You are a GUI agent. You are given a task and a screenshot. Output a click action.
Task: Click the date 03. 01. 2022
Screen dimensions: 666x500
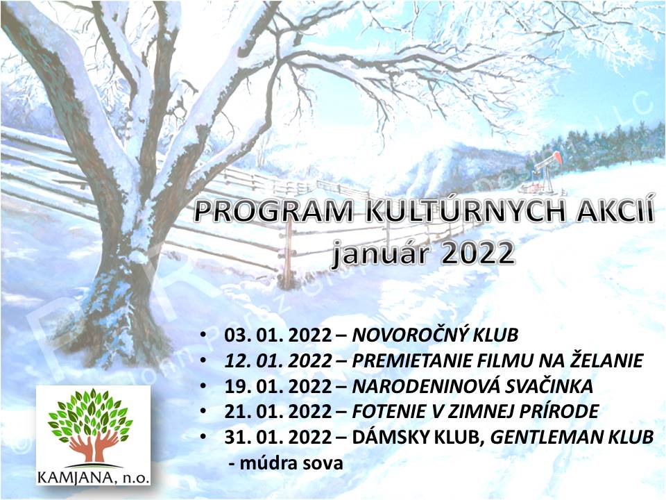point(277,335)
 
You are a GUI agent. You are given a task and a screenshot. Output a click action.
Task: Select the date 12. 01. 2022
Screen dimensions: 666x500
point(277,360)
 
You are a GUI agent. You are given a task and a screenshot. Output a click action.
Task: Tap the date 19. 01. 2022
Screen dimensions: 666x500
point(277,386)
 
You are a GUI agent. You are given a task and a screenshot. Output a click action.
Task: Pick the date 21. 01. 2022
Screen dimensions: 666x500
point(277,412)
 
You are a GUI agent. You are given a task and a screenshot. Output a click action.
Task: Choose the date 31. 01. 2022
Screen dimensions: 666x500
point(277,437)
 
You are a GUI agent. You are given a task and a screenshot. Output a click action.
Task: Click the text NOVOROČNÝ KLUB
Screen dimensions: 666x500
point(436,335)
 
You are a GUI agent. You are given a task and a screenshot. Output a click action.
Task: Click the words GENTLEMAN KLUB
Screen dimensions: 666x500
point(572,437)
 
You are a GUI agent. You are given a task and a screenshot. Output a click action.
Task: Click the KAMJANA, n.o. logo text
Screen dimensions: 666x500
point(94,478)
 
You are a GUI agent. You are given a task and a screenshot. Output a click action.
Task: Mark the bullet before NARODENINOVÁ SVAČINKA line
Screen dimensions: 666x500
point(203,385)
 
